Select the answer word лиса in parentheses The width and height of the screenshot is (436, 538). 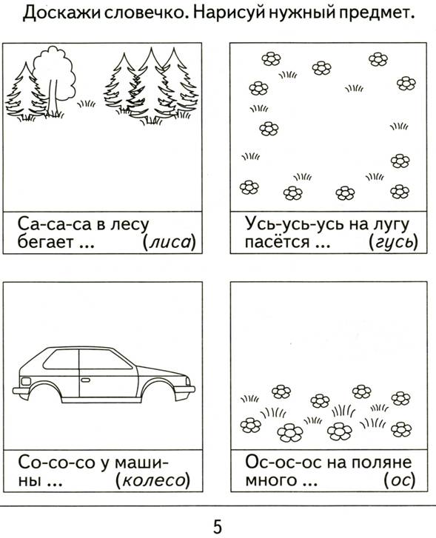(x=170, y=243)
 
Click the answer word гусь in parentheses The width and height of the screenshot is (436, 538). (x=394, y=243)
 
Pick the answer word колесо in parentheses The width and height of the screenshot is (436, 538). (x=153, y=481)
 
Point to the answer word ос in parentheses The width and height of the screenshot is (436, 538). (x=400, y=481)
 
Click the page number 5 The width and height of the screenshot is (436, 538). (x=218, y=526)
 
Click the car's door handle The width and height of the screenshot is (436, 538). (x=85, y=380)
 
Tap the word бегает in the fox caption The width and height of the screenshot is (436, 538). (x=45, y=243)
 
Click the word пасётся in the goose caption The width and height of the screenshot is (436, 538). (x=277, y=242)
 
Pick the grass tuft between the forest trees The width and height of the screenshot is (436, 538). (x=86, y=104)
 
